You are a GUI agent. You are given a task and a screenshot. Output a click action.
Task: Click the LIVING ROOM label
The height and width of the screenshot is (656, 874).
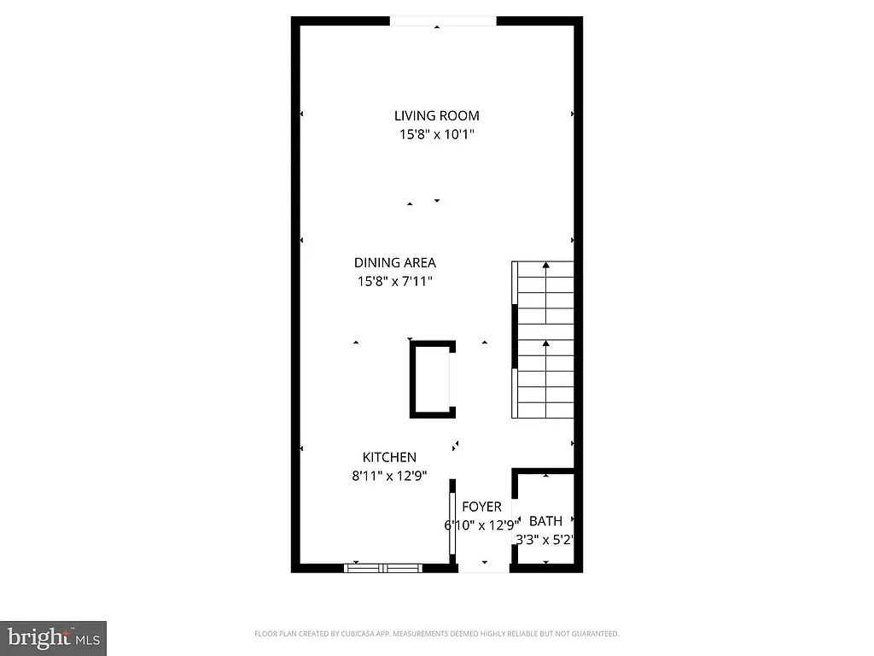click(436, 115)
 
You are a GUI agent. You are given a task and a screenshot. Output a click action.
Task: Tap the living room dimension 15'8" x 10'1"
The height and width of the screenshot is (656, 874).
click(436, 134)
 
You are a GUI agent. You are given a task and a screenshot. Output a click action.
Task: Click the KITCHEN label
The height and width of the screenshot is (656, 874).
click(389, 458)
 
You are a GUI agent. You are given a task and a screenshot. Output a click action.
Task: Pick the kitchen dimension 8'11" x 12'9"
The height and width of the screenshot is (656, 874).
click(389, 477)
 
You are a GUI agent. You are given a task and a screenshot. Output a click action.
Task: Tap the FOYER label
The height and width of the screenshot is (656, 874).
click(481, 507)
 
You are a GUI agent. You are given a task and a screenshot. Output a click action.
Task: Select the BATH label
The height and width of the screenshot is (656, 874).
click(545, 521)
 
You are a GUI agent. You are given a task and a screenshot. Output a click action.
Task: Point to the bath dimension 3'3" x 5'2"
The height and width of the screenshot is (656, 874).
click(545, 540)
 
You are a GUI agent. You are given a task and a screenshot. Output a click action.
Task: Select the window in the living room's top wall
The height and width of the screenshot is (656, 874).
click(442, 21)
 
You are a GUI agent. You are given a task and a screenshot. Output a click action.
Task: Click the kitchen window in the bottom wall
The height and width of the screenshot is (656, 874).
click(383, 567)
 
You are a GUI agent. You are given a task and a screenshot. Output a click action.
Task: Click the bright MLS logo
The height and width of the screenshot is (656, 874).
click(53, 637)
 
